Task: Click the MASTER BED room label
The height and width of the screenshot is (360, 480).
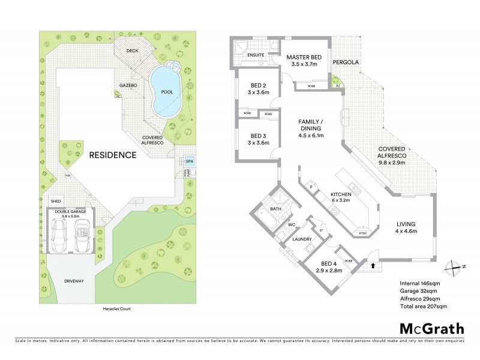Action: tap(304, 57)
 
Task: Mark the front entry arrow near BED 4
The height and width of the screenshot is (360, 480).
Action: tap(374, 265)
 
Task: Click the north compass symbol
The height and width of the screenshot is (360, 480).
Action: tap(452, 267)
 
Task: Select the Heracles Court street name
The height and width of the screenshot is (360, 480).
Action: tap(114, 309)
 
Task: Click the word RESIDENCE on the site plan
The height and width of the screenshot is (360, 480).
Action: tap(113, 155)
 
